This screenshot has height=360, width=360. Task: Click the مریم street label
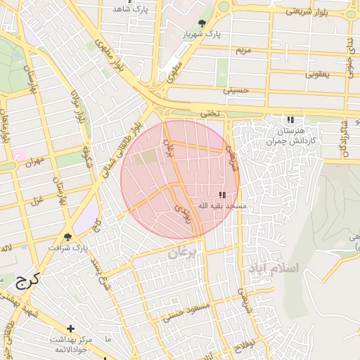243,51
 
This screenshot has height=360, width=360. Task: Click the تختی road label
210,112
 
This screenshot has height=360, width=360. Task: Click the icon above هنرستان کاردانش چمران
290,120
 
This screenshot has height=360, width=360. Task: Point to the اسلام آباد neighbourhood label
274,269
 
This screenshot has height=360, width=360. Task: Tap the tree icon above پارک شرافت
68,237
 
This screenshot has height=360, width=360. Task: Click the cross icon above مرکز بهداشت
70,328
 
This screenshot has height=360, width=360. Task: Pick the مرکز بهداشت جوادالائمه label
70,344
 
